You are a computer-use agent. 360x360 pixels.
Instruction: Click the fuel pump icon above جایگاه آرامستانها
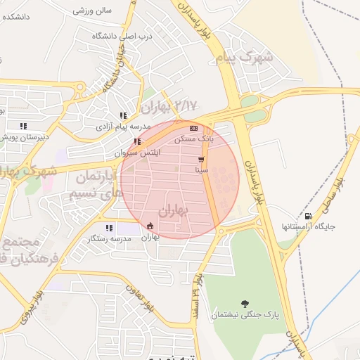(307, 216)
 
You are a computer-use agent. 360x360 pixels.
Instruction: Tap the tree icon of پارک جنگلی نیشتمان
(244, 304)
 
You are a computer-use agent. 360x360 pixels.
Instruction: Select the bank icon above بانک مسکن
(193, 128)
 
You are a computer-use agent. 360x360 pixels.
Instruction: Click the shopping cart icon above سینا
(201, 160)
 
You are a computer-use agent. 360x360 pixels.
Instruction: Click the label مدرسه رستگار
(106, 239)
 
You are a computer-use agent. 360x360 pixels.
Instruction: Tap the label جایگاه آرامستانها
(308, 227)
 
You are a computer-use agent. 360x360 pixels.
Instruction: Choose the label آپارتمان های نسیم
(96, 184)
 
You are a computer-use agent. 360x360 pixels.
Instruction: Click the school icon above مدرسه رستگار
(108, 228)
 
